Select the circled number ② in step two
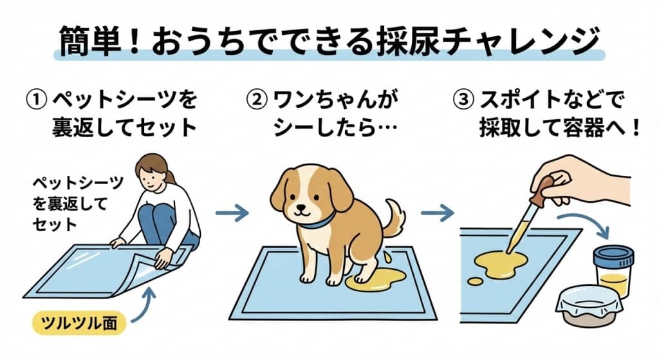click(257, 100)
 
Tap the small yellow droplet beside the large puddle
click(474, 282)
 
